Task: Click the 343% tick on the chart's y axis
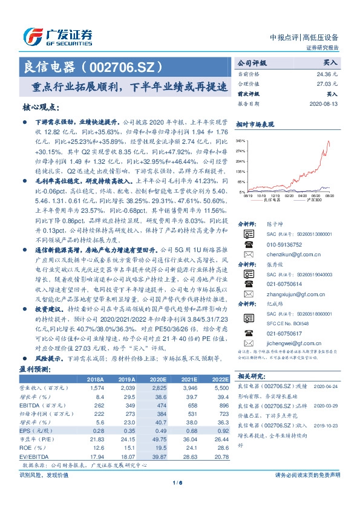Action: (x=240, y=140)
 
